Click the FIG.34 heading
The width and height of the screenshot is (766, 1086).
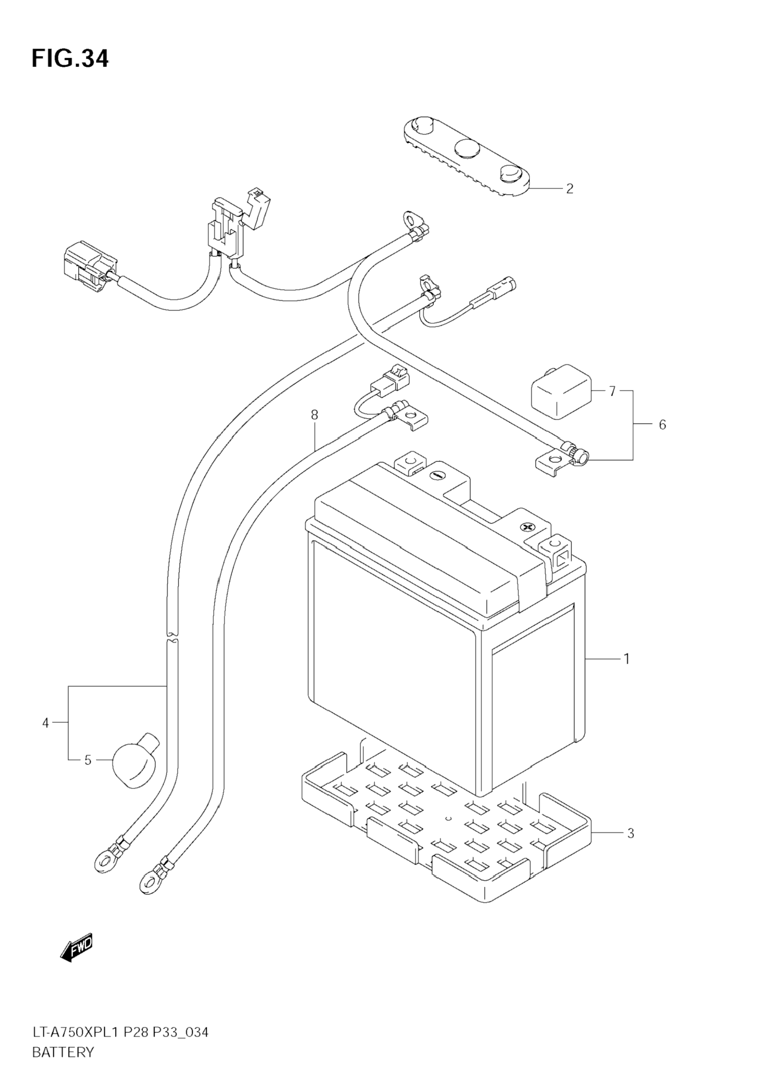click(x=70, y=59)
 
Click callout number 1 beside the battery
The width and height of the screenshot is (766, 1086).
click(x=626, y=658)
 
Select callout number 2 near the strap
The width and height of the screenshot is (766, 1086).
click(x=570, y=189)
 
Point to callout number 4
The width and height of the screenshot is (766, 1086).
click(x=45, y=723)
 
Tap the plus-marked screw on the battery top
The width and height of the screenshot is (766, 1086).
click(x=526, y=527)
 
